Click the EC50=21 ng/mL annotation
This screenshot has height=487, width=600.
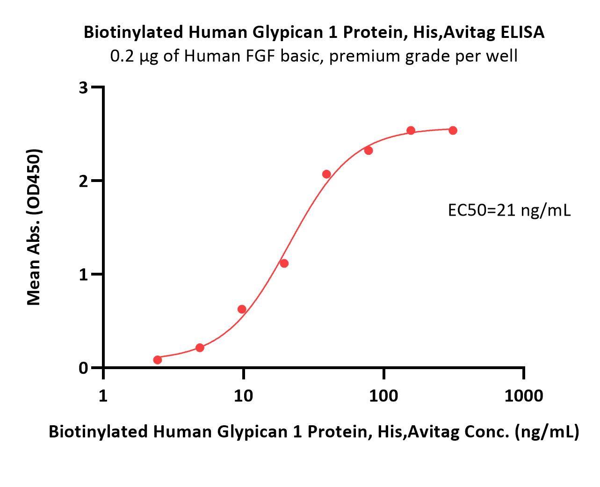pos(509,210)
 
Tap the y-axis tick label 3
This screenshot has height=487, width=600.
pos(84,88)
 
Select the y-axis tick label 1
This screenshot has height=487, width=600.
pos(84,275)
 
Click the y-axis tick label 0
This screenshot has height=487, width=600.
pos(84,368)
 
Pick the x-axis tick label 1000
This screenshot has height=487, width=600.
pos(524,396)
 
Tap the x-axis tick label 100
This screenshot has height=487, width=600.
pos(383,396)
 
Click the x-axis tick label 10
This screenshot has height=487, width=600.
pos(244,396)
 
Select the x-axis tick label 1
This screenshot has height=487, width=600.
pos(103,396)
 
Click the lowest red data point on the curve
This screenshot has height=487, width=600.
pos(158,360)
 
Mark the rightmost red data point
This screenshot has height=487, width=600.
pos(453,131)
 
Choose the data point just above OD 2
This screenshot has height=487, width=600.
pos(326,174)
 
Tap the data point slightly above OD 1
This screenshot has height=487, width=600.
pos(284,263)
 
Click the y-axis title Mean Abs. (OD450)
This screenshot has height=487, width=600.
pos(34,227)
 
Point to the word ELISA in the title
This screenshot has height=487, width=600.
pos(522,32)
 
